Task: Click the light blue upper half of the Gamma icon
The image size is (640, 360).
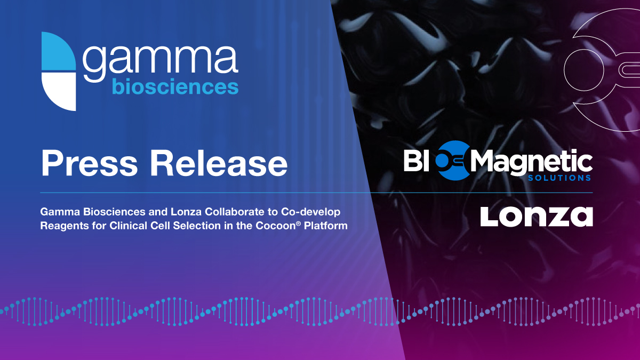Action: pos(59,52)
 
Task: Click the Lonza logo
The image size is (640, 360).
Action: pos(536,216)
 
